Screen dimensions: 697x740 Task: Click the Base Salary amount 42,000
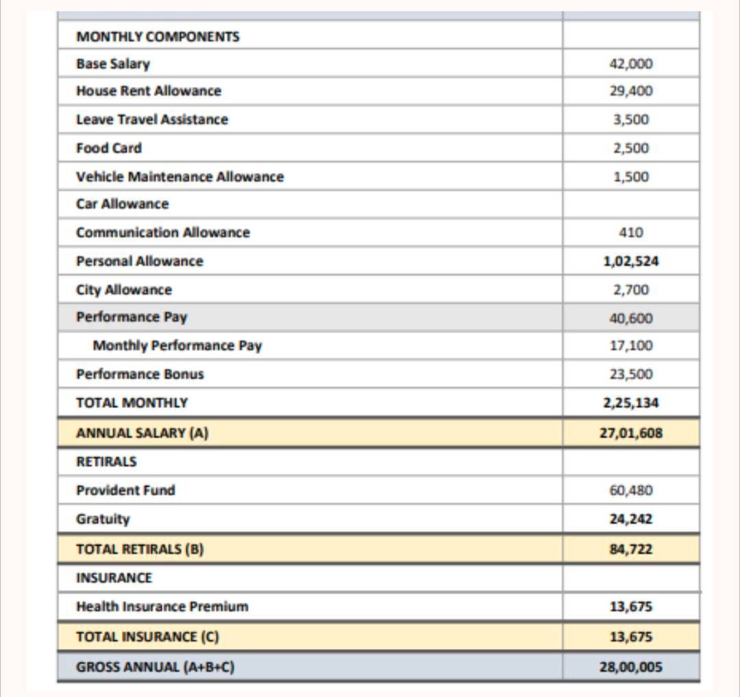630,64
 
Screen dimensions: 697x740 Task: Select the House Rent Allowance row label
149,91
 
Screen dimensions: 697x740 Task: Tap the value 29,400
630,91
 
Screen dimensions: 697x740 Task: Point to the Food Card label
109,148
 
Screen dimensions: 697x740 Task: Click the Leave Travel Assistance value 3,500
630,119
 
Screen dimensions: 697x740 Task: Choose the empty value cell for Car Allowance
630,204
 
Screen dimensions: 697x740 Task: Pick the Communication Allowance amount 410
630,232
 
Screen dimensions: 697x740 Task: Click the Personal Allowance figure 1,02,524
630,261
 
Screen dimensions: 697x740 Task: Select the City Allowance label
124,290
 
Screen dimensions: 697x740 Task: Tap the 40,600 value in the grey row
630,318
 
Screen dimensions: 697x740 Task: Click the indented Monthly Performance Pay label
177,345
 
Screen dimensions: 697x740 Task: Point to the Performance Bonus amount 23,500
630,374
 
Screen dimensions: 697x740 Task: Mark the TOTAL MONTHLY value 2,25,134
630,403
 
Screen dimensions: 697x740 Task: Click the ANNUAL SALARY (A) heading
142,433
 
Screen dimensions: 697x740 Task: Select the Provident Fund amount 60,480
630,490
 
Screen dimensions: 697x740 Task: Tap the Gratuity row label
103,519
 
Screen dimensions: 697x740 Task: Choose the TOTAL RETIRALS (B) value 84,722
630,549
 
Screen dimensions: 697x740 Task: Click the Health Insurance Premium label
162,607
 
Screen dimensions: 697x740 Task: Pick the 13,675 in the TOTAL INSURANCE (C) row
630,637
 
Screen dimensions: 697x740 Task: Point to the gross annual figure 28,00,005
630,665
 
